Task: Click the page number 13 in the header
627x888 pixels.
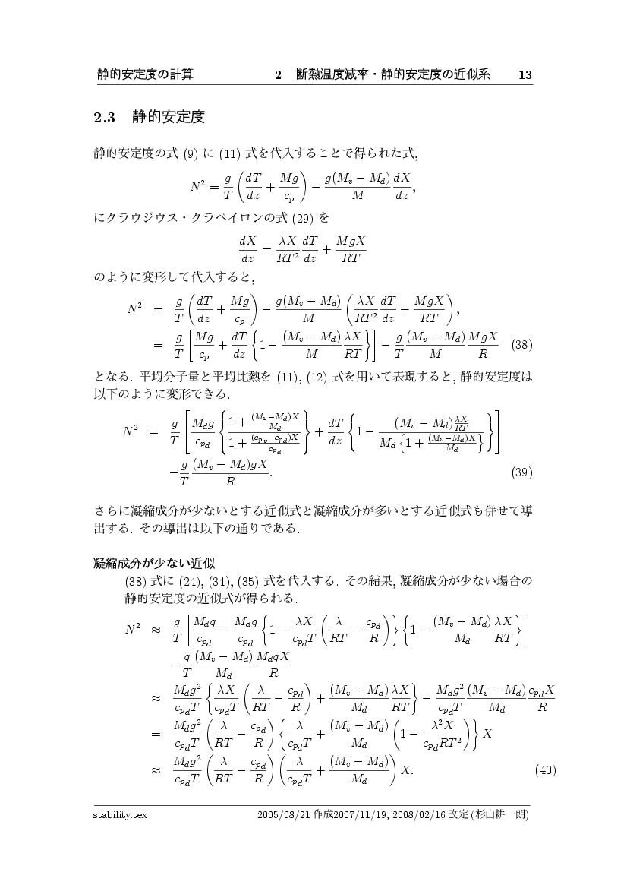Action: click(x=524, y=74)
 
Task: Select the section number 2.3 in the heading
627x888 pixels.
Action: click(x=103, y=119)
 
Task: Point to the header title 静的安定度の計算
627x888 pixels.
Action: click(x=145, y=74)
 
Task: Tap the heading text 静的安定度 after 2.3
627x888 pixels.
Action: click(x=169, y=118)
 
